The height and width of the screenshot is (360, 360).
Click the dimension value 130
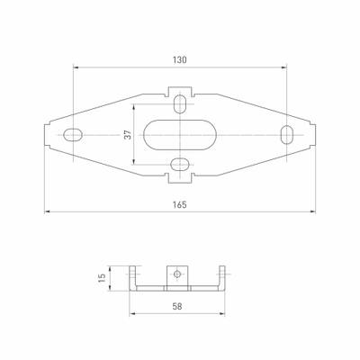[x=179, y=59]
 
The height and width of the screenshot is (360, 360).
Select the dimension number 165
[x=179, y=205]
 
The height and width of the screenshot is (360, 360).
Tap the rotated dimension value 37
[x=129, y=134]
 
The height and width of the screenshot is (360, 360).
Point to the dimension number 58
[x=178, y=308]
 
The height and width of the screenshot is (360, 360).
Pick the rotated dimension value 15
[x=103, y=278]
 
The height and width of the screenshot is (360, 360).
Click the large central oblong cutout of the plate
[x=179, y=134]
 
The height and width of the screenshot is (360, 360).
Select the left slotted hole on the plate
[x=73, y=134]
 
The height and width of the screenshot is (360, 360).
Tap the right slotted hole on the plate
[x=286, y=134]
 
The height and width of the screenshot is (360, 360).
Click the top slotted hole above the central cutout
[x=180, y=103]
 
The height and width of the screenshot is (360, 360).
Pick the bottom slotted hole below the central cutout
[x=180, y=165]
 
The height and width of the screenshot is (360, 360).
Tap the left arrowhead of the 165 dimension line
[x=45, y=212]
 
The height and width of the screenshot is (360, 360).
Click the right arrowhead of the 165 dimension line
[x=314, y=212]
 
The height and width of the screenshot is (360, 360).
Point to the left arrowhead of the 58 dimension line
[x=133, y=314]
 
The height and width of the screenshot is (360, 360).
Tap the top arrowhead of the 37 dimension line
[x=135, y=104]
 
